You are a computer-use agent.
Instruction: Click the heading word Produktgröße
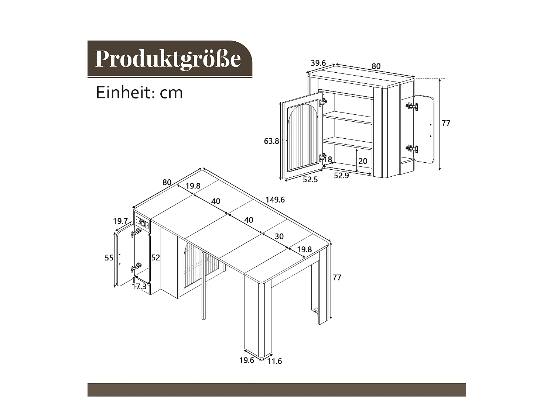click(x=168, y=58)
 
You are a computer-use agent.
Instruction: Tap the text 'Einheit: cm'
click(x=139, y=92)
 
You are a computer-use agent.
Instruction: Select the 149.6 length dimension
click(x=275, y=200)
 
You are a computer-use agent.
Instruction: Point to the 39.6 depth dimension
click(x=318, y=63)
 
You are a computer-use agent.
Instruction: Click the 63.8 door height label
click(x=271, y=141)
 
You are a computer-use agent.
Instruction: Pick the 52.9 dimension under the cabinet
click(x=341, y=176)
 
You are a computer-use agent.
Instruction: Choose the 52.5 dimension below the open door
click(x=310, y=180)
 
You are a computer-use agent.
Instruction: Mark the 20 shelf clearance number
click(x=363, y=161)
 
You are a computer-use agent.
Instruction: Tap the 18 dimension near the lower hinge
click(x=328, y=159)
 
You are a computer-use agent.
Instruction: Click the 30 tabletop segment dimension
click(x=279, y=236)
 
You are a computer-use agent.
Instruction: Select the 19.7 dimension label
click(x=120, y=221)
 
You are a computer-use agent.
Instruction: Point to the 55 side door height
click(x=109, y=257)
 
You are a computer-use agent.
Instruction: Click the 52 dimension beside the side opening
click(x=155, y=257)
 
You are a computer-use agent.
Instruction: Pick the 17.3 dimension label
click(x=139, y=286)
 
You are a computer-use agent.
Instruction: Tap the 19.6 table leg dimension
click(x=246, y=360)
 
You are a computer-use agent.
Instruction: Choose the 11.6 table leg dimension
click(x=274, y=361)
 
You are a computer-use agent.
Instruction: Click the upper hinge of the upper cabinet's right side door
click(x=412, y=106)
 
